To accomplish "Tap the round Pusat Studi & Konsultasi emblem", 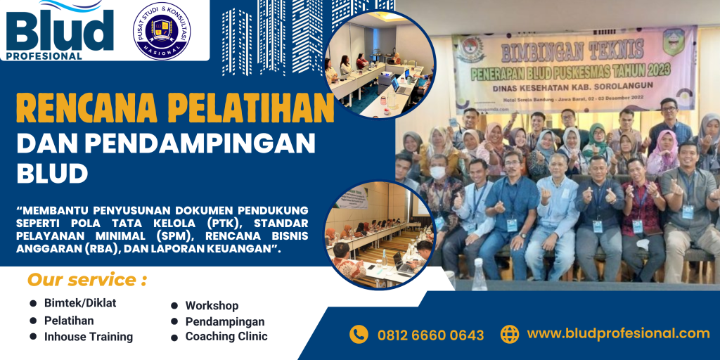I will click(x=162, y=31).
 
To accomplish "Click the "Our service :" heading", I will click(x=86, y=280).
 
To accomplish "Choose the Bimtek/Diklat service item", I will click(x=80, y=303).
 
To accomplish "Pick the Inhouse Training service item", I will click(x=89, y=337).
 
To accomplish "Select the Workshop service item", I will click(x=212, y=306).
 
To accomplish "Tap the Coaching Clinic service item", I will click(x=226, y=337).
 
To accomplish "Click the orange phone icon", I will click(x=359, y=334).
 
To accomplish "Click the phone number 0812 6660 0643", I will click(x=430, y=335).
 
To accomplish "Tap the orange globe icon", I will click(x=510, y=334).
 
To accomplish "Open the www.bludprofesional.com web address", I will click(x=618, y=333).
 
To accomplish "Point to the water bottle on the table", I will click(x=480, y=275).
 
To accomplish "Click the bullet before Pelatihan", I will click(x=33, y=321).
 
